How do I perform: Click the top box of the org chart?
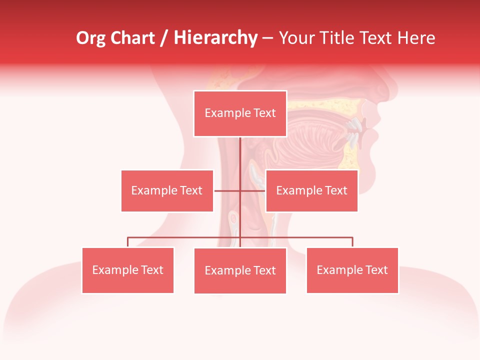pos(240,113)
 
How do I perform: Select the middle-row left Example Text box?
pos(167,190)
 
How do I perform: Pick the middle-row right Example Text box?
pos(311,190)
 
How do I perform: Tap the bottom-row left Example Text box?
pos(127,270)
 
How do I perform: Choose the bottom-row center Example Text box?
pos(240,270)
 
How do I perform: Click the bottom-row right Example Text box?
pos(352,270)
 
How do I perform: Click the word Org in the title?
pos(90,38)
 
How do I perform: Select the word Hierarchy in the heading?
pos(215,38)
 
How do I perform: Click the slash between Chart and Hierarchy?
pos(164,38)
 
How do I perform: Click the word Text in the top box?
pos(264,113)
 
